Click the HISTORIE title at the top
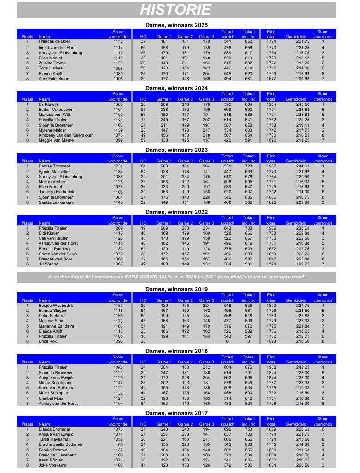pyautogui.click(x=176, y=10)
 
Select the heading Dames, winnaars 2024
pyautogui.click(x=176, y=88)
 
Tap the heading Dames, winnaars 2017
pyautogui.click(x=176, y=413)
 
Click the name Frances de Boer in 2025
pyautogui.click(x=54, y=41)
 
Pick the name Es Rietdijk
pyautogui.click(x=49, y=104)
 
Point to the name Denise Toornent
pyautogui.click(x=54, y=166)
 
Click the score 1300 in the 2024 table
pyautogui.click(x=118, y=104)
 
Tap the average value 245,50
pyautogui.click(x=294, y=104)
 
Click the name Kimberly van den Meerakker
pyautogui.click(x=65, y=136)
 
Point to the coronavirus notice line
pyautogui.click(x=176, y=277)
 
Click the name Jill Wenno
pyautogui.click(x=48, y=264)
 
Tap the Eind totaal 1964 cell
pyautogui.click(x=271, y=104)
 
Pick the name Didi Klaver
pyautogui.click(x=49, y=233)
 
